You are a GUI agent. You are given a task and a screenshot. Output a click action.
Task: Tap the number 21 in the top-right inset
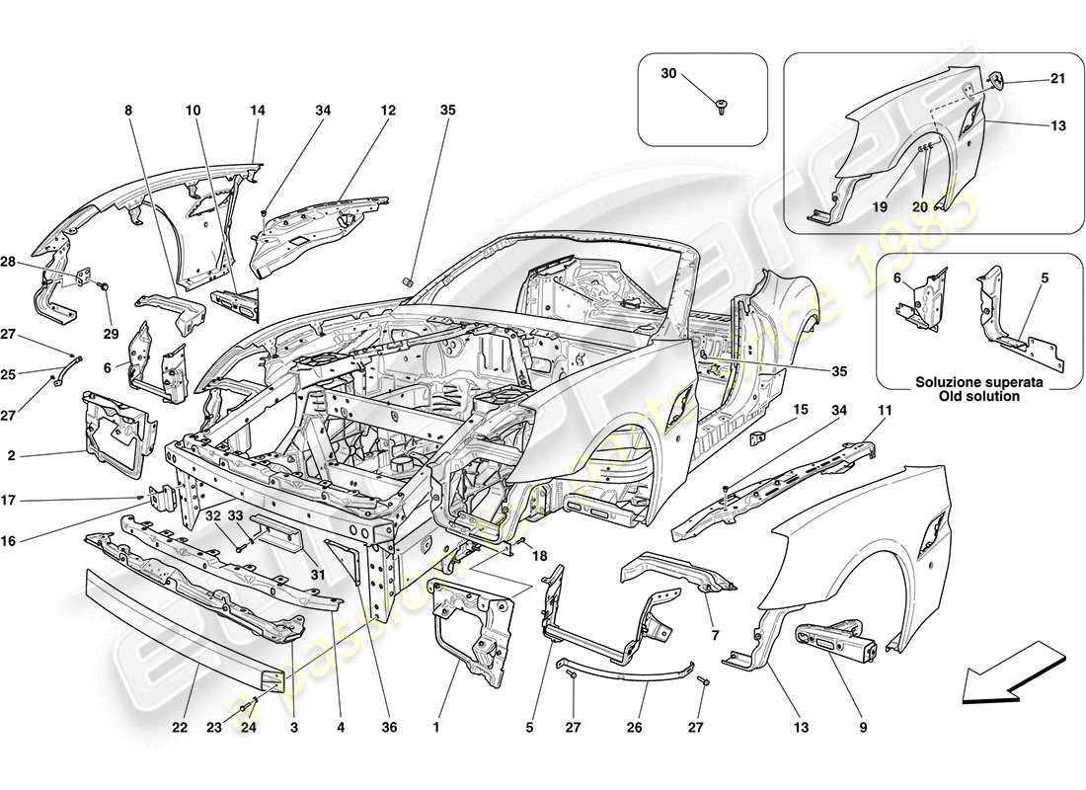pos(1031,79)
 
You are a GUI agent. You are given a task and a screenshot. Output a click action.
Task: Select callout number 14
pos(258,111)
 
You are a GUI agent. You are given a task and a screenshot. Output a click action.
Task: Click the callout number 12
pos(387,111)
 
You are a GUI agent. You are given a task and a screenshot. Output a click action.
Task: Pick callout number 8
pos(127,111)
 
